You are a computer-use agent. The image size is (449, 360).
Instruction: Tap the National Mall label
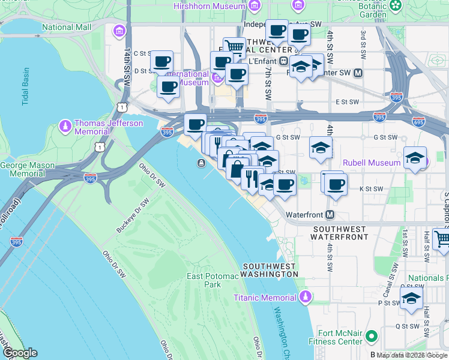(x=67, y=27)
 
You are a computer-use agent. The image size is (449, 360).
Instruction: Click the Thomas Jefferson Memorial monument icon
(x=65, y=127)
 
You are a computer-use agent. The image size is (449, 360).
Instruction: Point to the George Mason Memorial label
(x=31, y=169)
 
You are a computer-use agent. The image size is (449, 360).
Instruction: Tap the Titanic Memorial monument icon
(x=306, y=297)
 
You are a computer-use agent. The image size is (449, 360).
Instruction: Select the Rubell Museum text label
(x=371, y=163)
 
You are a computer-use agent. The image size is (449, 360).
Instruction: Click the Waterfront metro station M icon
(x=330, y=215)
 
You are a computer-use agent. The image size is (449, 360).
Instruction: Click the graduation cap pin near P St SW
(x=411, y=298)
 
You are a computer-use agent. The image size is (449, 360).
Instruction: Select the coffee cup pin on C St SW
(x=161, y=61)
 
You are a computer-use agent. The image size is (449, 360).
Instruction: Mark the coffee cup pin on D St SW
(x=168, y=86)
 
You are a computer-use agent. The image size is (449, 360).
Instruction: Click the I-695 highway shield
(x=418, y=122)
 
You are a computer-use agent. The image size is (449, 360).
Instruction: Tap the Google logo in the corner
(x=19, y=353)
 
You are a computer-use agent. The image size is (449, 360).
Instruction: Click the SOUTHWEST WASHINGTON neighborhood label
(x=269, y=270)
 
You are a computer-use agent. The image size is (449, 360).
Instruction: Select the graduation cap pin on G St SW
(x=321, y=147)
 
